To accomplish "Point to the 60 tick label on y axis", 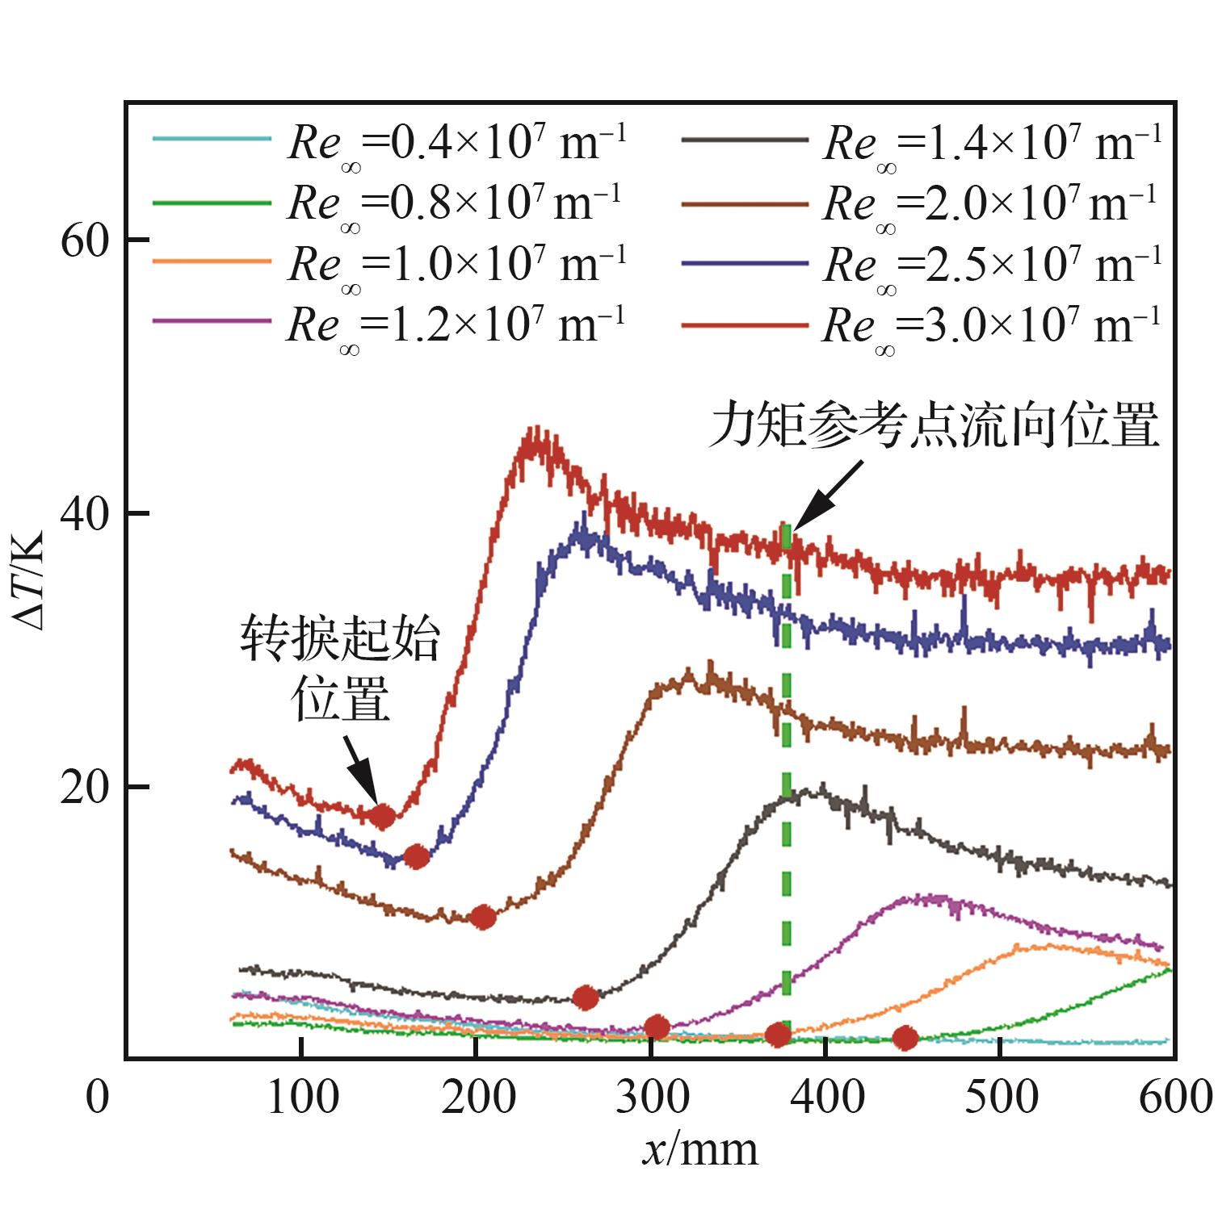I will tap(84, 241).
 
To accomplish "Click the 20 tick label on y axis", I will tap(84, 788).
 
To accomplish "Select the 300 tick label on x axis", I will tap(651, 1098).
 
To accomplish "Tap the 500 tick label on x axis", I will tap(1001, 1098).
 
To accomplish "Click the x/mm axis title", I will tap(700, 1149).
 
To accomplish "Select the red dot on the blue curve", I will tap(416, 856).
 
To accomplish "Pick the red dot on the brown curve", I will tap(483, 917).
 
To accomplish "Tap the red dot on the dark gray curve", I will tap(586, 998).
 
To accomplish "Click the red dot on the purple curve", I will tap(657, 1027).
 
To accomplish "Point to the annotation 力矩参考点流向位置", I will tap(934, 425).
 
